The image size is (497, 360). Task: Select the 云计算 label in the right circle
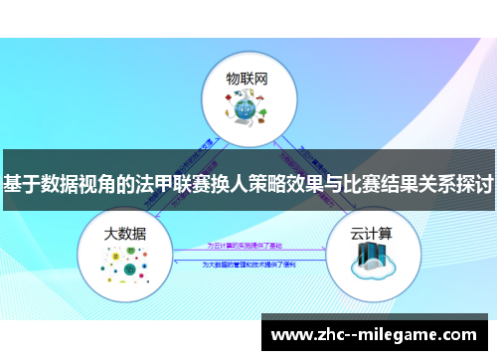(371, 233)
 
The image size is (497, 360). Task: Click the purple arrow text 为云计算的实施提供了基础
(246, 244)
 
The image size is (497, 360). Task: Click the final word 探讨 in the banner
(474, 185)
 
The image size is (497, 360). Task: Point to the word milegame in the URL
(410, 335)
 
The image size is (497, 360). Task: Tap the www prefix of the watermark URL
(289, 335)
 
